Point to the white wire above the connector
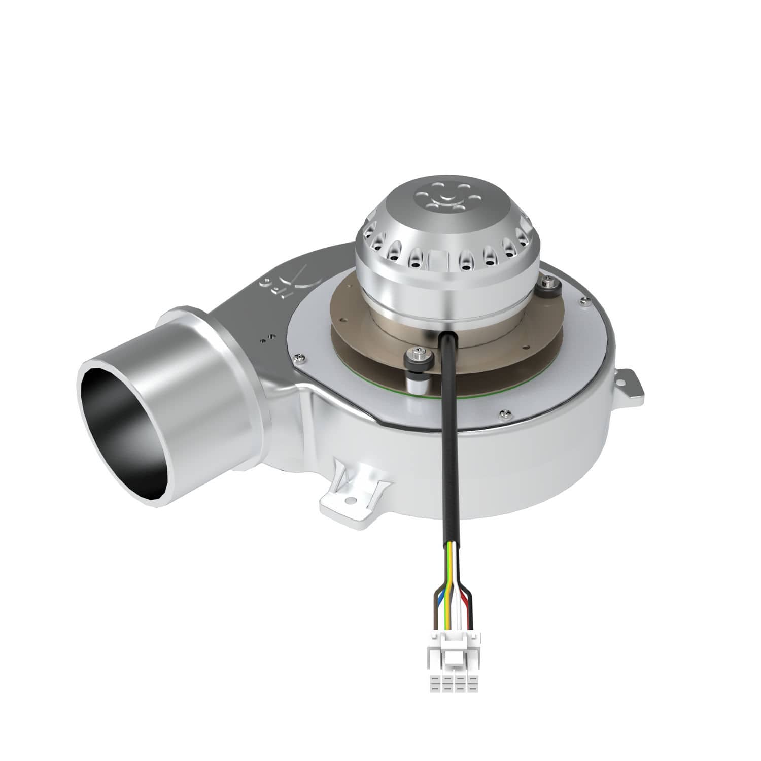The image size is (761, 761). click(x=459, y=604)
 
